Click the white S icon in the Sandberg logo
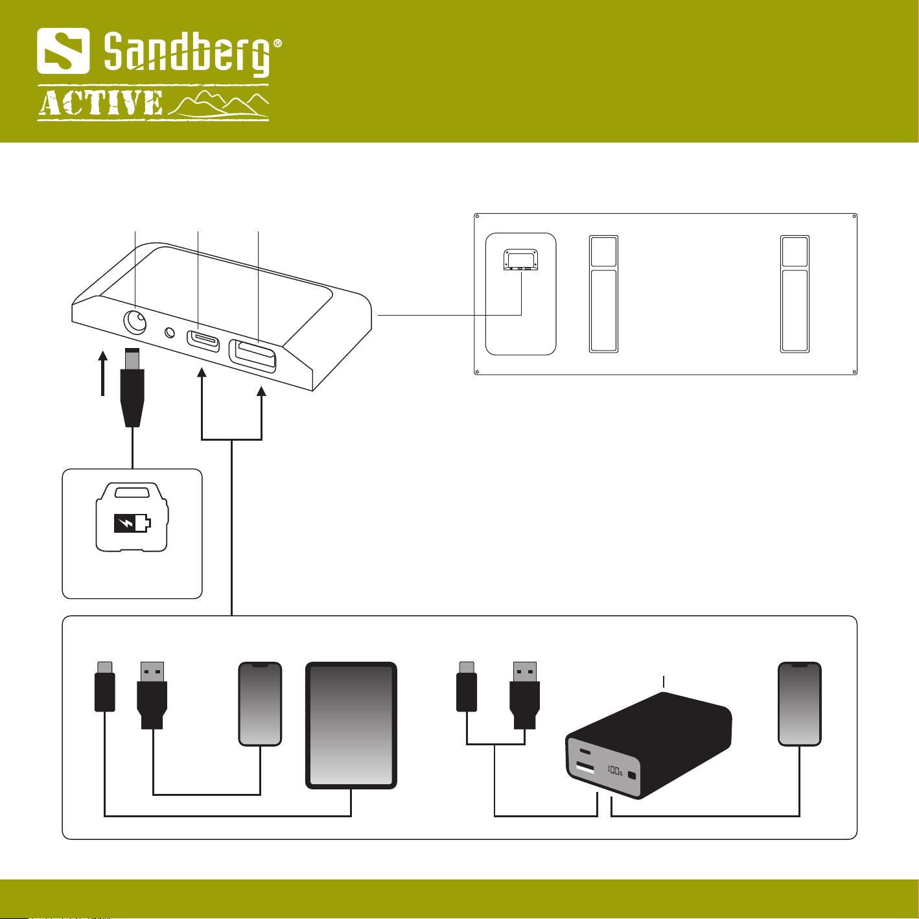click(x=63, y=51)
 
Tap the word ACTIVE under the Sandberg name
click(x=100, y=104)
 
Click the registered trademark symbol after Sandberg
click(x=277, y=43)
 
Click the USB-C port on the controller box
click(x=203, y=339)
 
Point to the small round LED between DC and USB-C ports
click(x=170, y=332)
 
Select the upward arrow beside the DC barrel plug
click(x=102, y=372)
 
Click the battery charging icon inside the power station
click(x=132, y=522)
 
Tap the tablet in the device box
click(x=351, y=725)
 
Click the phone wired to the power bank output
click(x=799, y=704)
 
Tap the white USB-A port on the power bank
click(x=585, y=768)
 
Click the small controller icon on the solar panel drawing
click(x=521, y=259)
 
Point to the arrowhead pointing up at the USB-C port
click(x=202, y=373)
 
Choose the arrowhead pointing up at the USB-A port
click(x=262, y=391)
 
